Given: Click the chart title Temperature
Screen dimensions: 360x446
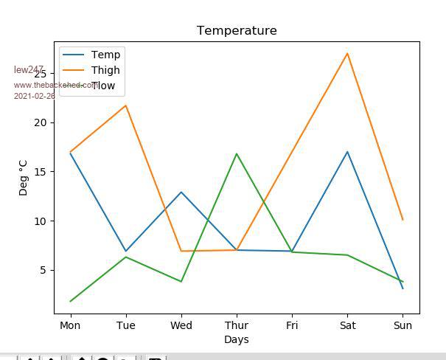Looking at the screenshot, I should click(237, 31).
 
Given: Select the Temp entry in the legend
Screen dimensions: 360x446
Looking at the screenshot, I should click(105, 55).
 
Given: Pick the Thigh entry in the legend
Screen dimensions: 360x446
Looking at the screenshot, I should click(105, 71).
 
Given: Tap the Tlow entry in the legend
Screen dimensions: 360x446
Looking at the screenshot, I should click(103, 86).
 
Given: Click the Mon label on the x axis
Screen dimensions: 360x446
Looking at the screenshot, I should click(70, 325).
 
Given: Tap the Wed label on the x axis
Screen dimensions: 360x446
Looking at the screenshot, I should click(181, 325).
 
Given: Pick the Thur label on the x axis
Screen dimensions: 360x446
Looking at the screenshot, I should click(237, 325).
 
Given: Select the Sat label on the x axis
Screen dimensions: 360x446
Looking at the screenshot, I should click(347, 325).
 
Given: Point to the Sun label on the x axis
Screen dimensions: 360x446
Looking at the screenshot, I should click(403, 325).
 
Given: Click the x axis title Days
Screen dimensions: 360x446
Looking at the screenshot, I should click(237, 340).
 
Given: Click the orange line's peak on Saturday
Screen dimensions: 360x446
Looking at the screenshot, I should click(347, 53).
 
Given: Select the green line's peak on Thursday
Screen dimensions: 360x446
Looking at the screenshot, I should click(237, 153).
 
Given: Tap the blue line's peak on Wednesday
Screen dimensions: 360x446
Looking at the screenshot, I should click(181, 192).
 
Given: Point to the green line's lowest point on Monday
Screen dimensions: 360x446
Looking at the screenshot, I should click(70, 302).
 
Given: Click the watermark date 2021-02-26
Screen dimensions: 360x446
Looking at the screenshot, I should click(34, 96).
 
